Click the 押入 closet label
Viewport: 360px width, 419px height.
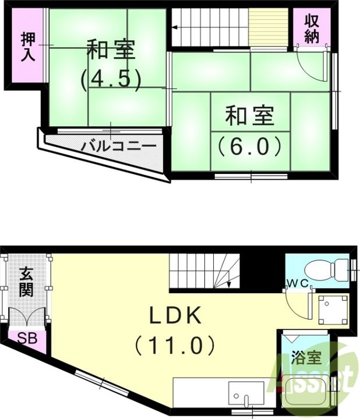coord(27,47)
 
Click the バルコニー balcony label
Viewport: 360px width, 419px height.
coord(118,145)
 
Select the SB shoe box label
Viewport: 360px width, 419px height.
coord(24,338)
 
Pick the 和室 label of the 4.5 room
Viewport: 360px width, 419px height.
coord(111,49)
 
